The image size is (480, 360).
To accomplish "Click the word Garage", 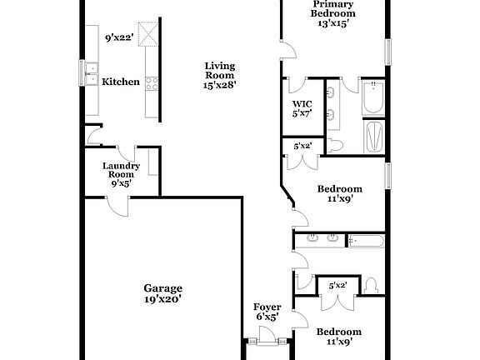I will point(162,288).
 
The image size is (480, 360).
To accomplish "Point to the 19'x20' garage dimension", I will point(162,298).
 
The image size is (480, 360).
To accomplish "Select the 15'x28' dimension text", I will point(221,84).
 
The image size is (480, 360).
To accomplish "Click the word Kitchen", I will point(121,82).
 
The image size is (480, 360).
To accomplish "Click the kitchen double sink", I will point(90,73).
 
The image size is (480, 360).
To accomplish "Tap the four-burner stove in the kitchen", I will point(152,82).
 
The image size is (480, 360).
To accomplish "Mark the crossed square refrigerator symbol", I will point(150,34).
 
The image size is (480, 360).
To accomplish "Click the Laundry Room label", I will point(121,170).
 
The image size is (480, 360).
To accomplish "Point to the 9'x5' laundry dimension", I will point(121,185).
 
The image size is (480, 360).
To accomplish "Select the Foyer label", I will point(267,307).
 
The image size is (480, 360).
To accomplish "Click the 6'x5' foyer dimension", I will point(267,317).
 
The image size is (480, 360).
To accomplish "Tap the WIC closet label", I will point(301,103).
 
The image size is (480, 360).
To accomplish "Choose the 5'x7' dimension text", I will point(301,113).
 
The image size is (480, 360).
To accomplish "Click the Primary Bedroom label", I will point(333,8).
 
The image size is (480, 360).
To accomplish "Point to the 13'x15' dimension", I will point(333,23).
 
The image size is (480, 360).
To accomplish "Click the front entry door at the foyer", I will point(267,336).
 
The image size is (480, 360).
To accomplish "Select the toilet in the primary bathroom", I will point(337,146).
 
